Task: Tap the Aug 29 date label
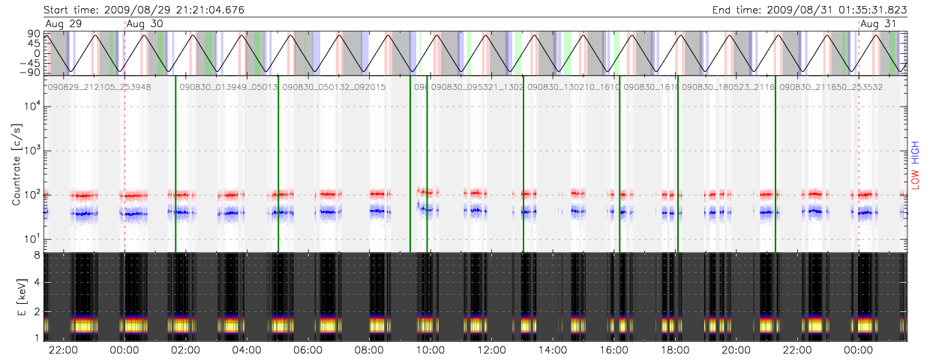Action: [61, 24]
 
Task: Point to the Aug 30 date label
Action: [145, 24]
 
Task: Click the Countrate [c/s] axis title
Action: [16, 164]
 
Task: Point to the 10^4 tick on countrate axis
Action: [31, 106]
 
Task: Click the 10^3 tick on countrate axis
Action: [31, 151]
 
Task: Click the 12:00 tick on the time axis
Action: [490, 350]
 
